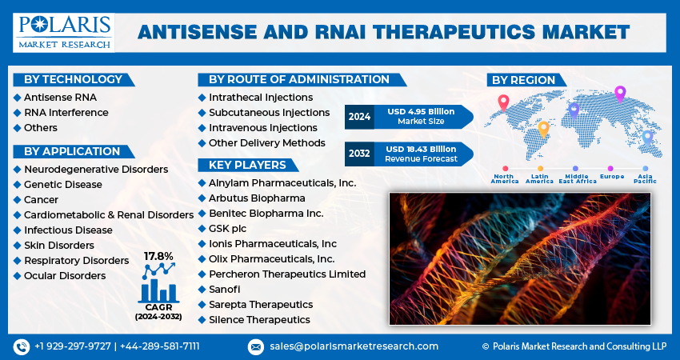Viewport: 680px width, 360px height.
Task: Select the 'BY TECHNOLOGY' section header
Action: (73, 79)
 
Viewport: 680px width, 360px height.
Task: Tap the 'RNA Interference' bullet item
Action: (66, 113)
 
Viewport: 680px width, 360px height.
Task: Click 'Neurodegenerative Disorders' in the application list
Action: (96, 170)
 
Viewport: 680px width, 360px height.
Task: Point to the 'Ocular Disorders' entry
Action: (65, 276)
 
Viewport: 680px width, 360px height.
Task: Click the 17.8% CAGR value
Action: (158, 256)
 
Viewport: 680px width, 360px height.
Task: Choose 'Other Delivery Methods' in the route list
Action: (266, 143)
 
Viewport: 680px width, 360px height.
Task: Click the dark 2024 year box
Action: (359, 117)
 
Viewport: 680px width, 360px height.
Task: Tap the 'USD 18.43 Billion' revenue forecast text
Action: (420, 149)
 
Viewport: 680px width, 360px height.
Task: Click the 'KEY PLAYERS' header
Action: (247, 165)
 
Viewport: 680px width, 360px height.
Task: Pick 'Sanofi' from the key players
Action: (224, 289)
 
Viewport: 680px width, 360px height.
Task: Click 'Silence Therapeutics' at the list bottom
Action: (259, 319)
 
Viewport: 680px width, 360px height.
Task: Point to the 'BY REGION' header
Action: (523, 79)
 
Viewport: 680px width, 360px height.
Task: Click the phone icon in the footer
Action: (21, 346)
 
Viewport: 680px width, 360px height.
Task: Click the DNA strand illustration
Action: (519, 258)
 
